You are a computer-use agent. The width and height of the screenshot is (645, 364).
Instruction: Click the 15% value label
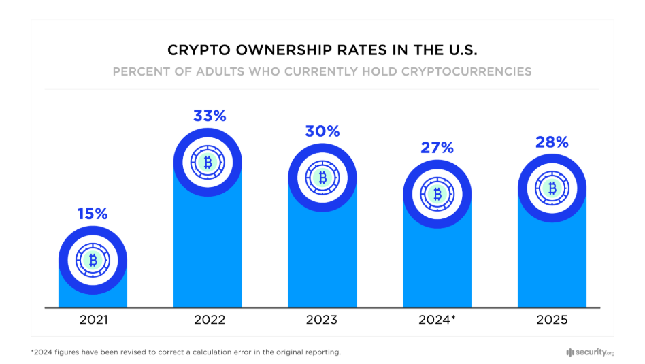point(93,214)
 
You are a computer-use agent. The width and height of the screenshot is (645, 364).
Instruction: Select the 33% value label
point(208,116)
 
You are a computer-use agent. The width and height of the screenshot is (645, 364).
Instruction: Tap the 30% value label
point(322,131)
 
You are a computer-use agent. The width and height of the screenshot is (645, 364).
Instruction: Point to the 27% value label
point(437,148)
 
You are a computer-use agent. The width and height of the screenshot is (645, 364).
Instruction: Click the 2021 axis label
point(93,320)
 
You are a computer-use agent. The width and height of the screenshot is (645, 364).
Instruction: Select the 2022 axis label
point(208,320)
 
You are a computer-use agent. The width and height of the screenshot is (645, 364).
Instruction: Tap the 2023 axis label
point(322,320)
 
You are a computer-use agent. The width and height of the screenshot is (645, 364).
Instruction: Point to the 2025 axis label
point(552,320)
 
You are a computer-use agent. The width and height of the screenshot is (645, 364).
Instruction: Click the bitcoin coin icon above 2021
point(93,260)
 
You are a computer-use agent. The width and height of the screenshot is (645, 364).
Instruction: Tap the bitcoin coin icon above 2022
point(208,163)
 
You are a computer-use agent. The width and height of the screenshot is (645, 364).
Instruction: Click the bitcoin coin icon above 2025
point(552,188)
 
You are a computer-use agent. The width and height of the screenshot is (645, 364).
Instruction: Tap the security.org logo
point(589,352)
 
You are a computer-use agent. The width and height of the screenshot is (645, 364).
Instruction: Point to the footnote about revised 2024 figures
point(185,352)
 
